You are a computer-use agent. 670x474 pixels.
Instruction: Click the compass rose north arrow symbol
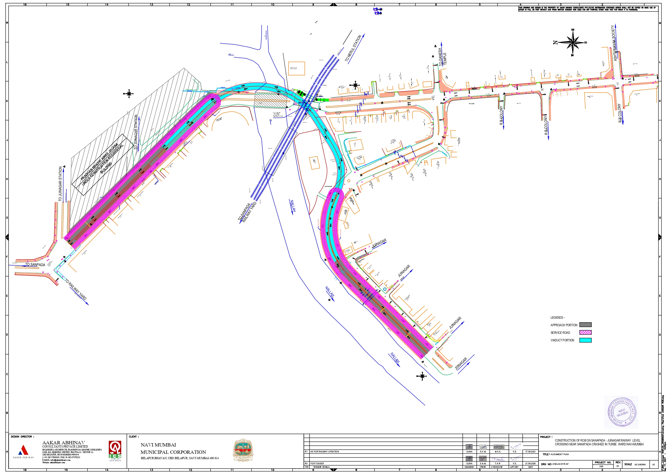tap(573, 43)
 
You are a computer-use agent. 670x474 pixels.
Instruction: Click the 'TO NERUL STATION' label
tap(353, 48)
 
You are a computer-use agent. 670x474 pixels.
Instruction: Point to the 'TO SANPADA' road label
tap(35, 265)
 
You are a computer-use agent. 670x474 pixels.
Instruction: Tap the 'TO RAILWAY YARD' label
tap(75, 290)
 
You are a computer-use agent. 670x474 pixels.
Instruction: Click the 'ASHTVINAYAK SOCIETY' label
tap(615, 43)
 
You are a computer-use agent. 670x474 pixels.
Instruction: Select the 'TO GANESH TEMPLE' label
tap(442, 57)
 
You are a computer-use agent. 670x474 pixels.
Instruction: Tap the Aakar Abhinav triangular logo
tap(23, 450)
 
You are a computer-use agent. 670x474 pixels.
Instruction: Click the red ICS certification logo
tap(115, 450)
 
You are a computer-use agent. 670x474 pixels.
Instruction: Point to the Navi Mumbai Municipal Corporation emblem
tap(243, 450)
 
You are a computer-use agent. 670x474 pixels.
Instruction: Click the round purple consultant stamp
tap(622, 412)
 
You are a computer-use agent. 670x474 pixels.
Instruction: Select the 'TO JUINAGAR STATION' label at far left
tap(60, 184)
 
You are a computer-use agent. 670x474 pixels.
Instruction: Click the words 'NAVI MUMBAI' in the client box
tap(158, 445)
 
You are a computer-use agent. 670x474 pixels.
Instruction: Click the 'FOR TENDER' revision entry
tap(317, 463)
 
